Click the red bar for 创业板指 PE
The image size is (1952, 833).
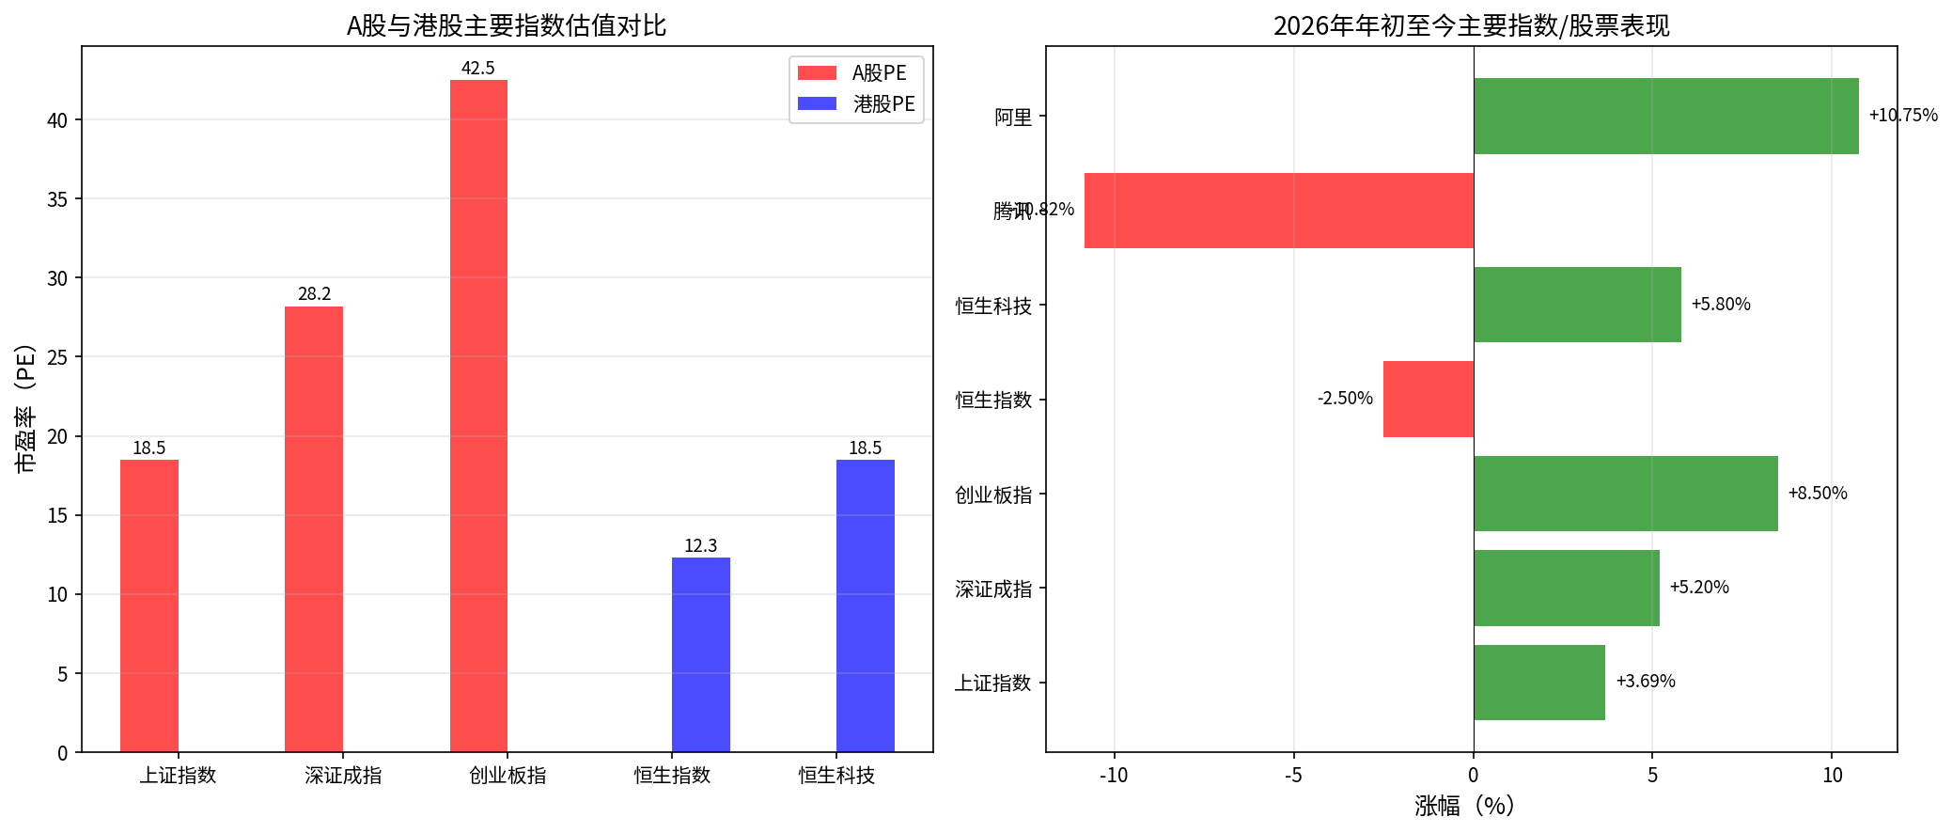coord(478,416)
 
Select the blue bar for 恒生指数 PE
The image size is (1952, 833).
coord(700,654)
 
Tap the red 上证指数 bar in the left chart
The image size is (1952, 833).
coord(149,605)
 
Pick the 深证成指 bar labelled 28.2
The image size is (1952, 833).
coord(314,528)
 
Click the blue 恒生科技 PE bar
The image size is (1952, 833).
coord(865,605)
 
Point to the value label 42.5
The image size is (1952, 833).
coord(477,69)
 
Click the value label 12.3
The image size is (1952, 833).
coord(700,546)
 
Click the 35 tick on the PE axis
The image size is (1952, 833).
coord(58,199)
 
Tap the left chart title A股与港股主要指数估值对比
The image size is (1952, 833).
coord(507,25)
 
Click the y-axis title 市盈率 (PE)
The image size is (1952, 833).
coord(25,408)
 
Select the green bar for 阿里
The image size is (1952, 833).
coord(1665,116)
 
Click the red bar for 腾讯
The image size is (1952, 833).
coord(1278,211)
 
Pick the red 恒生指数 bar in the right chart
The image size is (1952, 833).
coord(1428,400)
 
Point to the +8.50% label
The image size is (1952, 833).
coord(1817,494)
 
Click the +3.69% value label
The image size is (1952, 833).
coord(1645,682)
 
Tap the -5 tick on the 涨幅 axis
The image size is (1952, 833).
coord(1293,776)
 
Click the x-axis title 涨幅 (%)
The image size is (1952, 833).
coord(1464,806)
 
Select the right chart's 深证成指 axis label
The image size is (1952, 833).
coord(993,589)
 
